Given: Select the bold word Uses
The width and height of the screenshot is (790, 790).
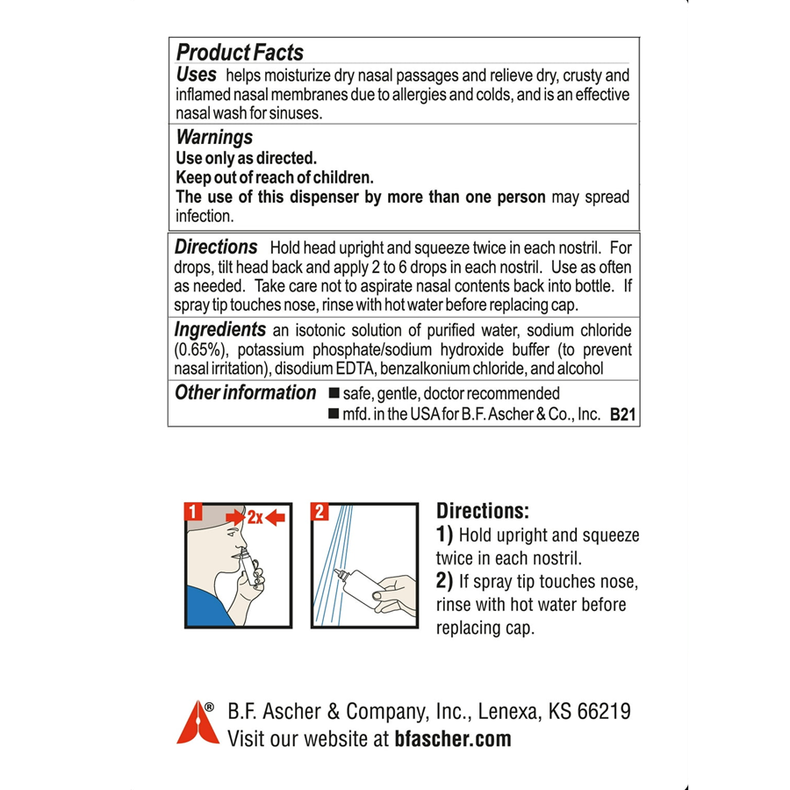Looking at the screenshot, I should coord(196,75).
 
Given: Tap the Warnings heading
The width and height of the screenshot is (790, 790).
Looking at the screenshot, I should coord(214,137).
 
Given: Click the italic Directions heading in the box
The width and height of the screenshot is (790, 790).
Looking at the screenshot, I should coord(216,248).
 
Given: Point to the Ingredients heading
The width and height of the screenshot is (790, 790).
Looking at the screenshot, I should coord(219,330).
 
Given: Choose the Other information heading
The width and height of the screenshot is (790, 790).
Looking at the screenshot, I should coord(245,392).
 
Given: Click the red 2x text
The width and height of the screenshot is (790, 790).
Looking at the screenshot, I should coord(255,518).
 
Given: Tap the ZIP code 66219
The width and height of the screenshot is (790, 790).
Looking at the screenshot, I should coord(601,710).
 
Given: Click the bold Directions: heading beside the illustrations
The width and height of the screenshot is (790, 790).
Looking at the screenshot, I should coord(482,511).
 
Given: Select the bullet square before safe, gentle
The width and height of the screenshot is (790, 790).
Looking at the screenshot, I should coord(334,393).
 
